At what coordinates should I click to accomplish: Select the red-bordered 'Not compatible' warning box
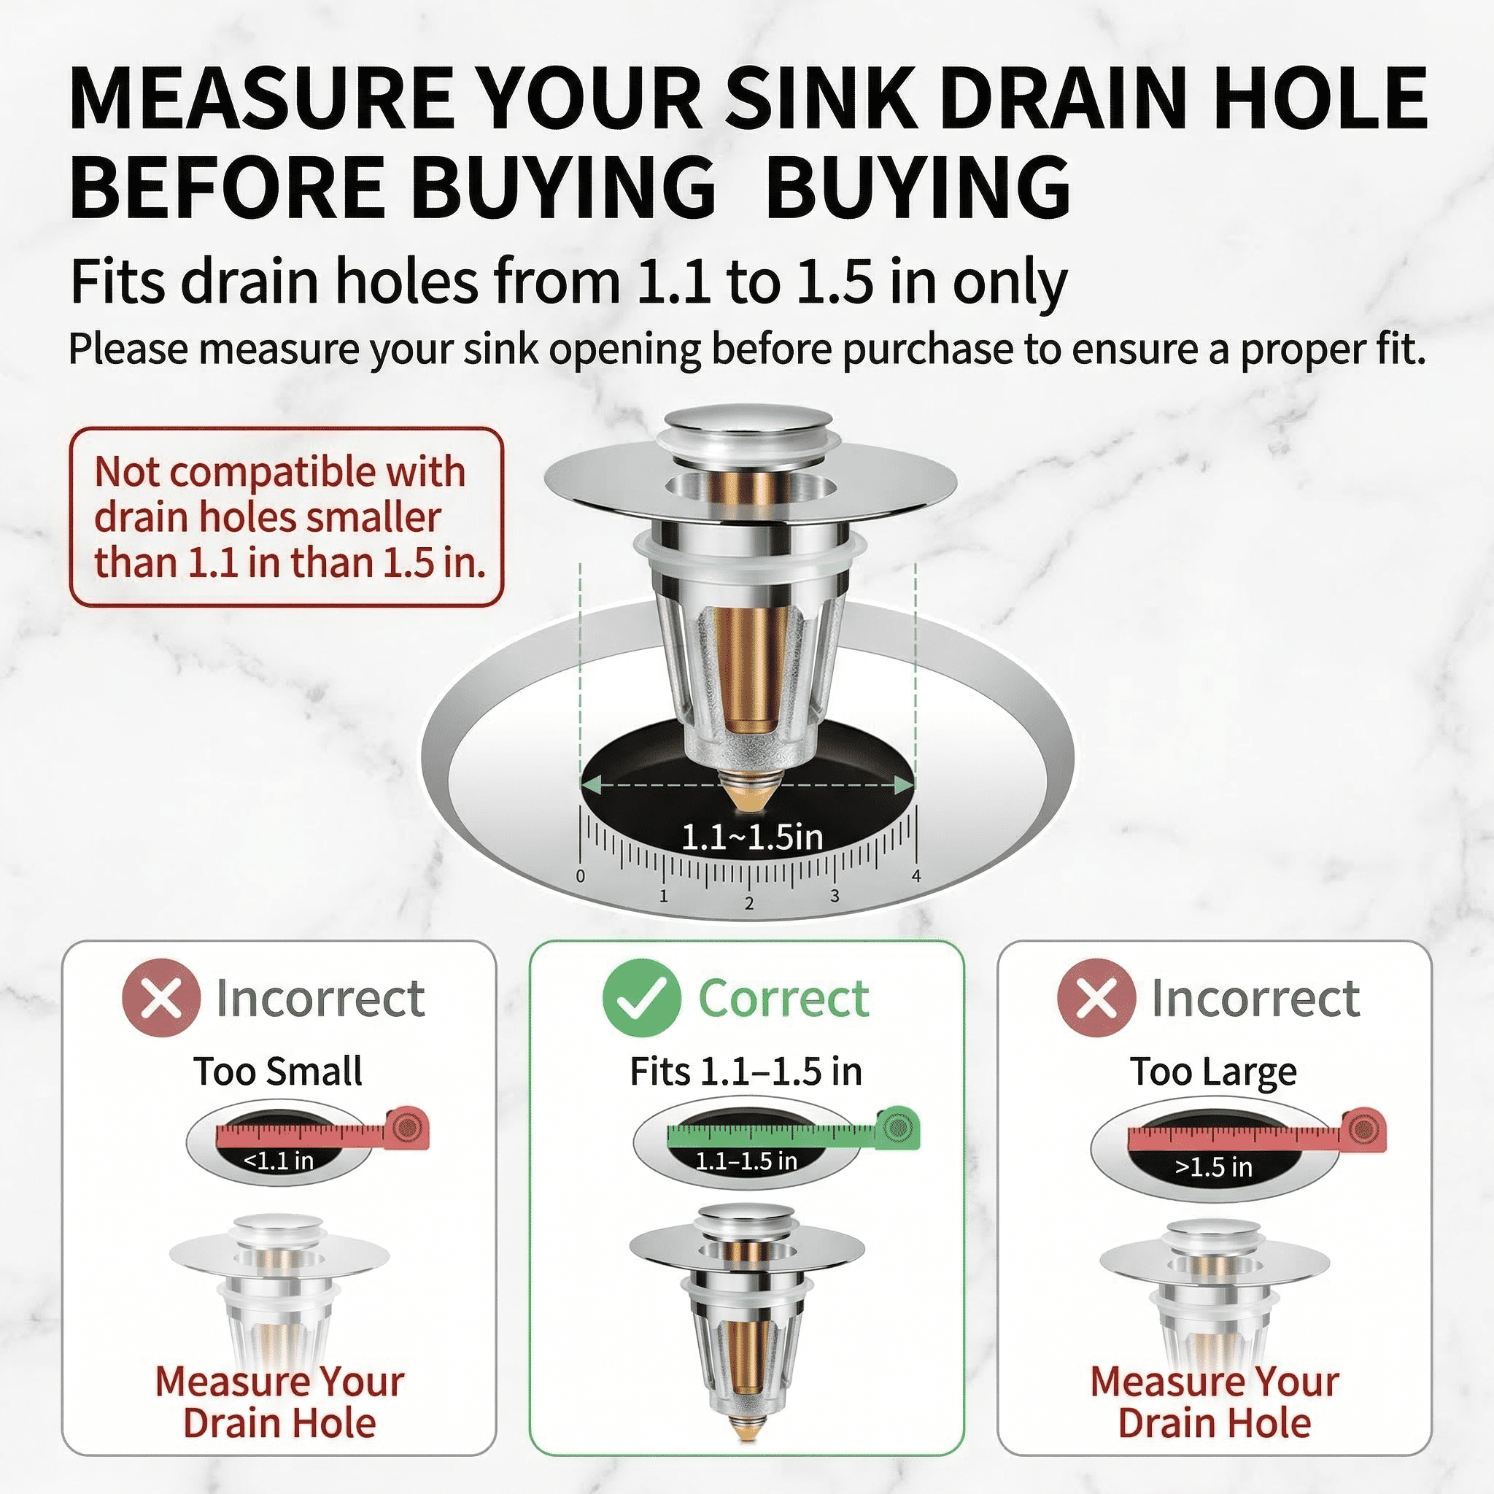(x=286, y=516)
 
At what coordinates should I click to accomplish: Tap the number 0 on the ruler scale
(x=581, y=876)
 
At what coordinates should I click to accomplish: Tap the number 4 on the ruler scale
(x=916, y=876)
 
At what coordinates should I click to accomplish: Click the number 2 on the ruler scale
(x=748, y=903)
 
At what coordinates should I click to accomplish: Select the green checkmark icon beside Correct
(x=641, y=997)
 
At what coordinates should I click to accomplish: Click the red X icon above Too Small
(x=160, y=997)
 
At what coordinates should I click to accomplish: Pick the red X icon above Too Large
(x=1096, y=997)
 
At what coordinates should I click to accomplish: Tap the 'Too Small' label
(x=278, y=1072)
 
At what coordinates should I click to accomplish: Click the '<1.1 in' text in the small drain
(x=279, y=1161)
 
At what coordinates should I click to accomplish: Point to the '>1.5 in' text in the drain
(x=1213, y=1167)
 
